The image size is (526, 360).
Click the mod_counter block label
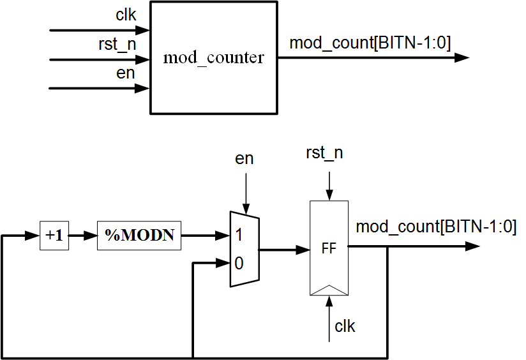(213, 57)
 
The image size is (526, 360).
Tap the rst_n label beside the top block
(117, 45)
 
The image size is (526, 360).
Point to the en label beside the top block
(126, 73)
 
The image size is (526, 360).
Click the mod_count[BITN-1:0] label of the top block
(370, 43)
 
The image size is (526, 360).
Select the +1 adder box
(54, 236)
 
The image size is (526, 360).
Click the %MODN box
(139, 236)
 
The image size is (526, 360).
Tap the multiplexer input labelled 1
(239, 235)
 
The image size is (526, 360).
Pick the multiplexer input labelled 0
(239, 262)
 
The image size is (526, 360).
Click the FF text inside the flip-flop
(329, 249)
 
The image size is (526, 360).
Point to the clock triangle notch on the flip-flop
(329, 290)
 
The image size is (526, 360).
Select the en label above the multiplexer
(244, 158)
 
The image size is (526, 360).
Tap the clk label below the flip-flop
(345, 327)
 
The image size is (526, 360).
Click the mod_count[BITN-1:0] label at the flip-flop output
(436, 227)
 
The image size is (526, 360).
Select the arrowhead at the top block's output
(462, 57)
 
